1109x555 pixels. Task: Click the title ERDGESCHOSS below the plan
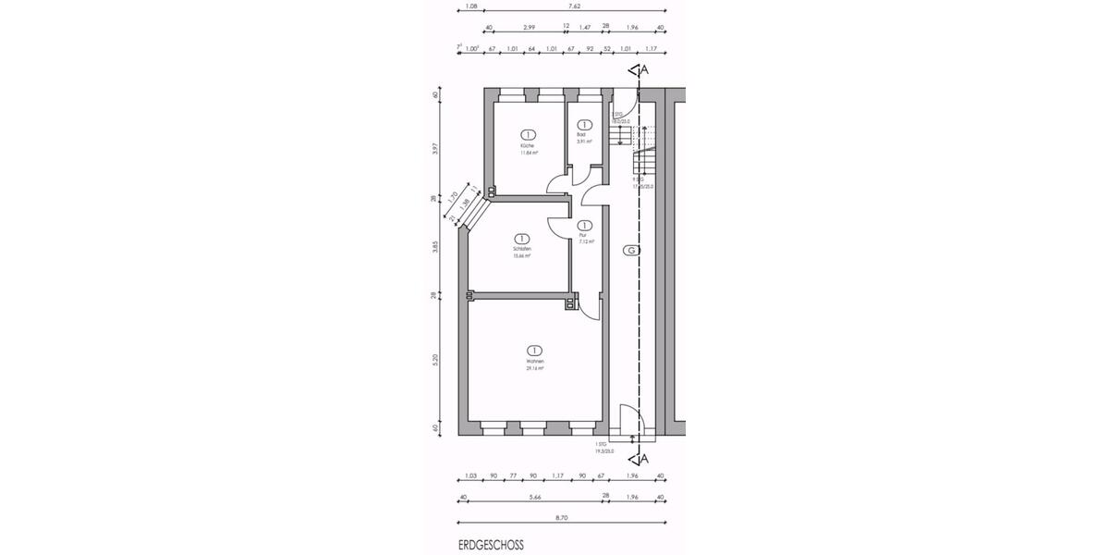pyautogui.click(x=491, y=546)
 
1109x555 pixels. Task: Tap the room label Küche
pyautogui.click(x=529, y=146)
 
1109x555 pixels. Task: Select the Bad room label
pyautogui.click(x=581, y=135)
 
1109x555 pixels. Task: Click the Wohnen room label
pyautogui.click(x=534, y=361)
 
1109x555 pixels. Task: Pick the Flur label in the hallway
pyautogui.click(x=583, y=235)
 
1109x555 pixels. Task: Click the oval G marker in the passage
pyautogui.click(x=630, y=251)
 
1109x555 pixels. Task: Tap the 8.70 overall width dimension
pyautogui.click(x=562, y=518)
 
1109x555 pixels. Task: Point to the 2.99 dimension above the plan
pyautogui.click(x=530, y=28)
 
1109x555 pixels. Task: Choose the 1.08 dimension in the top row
pyautogui.click(x=471, y=6)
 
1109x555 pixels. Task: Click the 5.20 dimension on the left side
pyautogui.click(x=435, y=358)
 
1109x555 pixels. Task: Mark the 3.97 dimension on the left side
pyautogui.click(x=435, y=148)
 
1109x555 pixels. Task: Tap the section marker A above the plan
pyautogui.click(x=644, y=69)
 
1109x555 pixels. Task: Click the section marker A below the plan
pyautogui.click(x=644, y=458)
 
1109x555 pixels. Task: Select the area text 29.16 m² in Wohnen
pyautogui.click(x=534, y=368)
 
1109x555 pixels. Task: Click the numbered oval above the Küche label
pyautogui.click(x=529, y=133)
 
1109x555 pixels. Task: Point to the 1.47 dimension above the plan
pyautogui.click(x=585, y=28)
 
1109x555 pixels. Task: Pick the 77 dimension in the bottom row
pyautogui.click(x=514, y=477)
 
